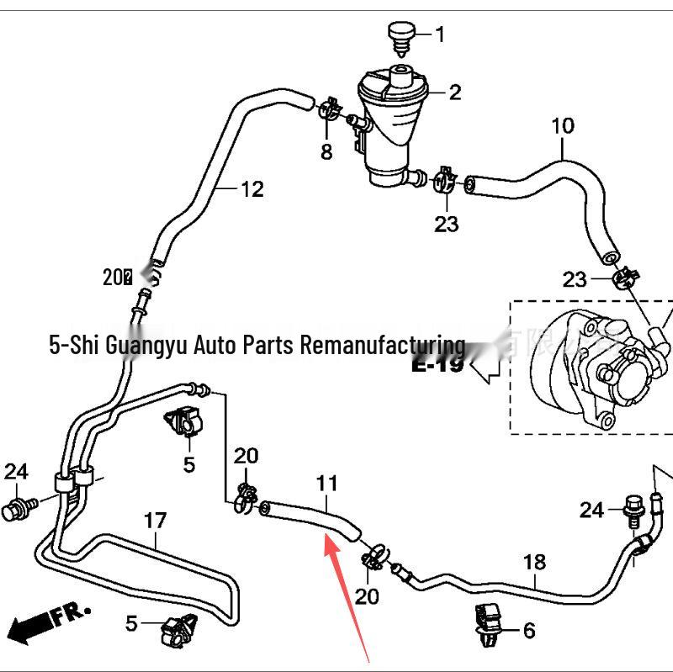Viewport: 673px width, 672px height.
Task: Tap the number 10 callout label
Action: [x=563, y=126]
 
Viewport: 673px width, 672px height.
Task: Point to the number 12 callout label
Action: [x=252, y=189]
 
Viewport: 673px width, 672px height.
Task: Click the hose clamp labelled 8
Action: [x=329, y=108]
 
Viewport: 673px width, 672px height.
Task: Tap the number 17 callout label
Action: [x=155, y=521]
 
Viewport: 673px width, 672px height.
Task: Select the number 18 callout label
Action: [x=535, y=562]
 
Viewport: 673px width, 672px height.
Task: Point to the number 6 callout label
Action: [x=528, y=630]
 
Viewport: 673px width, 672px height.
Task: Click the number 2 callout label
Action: [x=455, y=92]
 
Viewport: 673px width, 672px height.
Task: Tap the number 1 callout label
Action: [x=439, y=34]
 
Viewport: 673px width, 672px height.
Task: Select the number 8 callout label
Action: [x=326, y=152]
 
